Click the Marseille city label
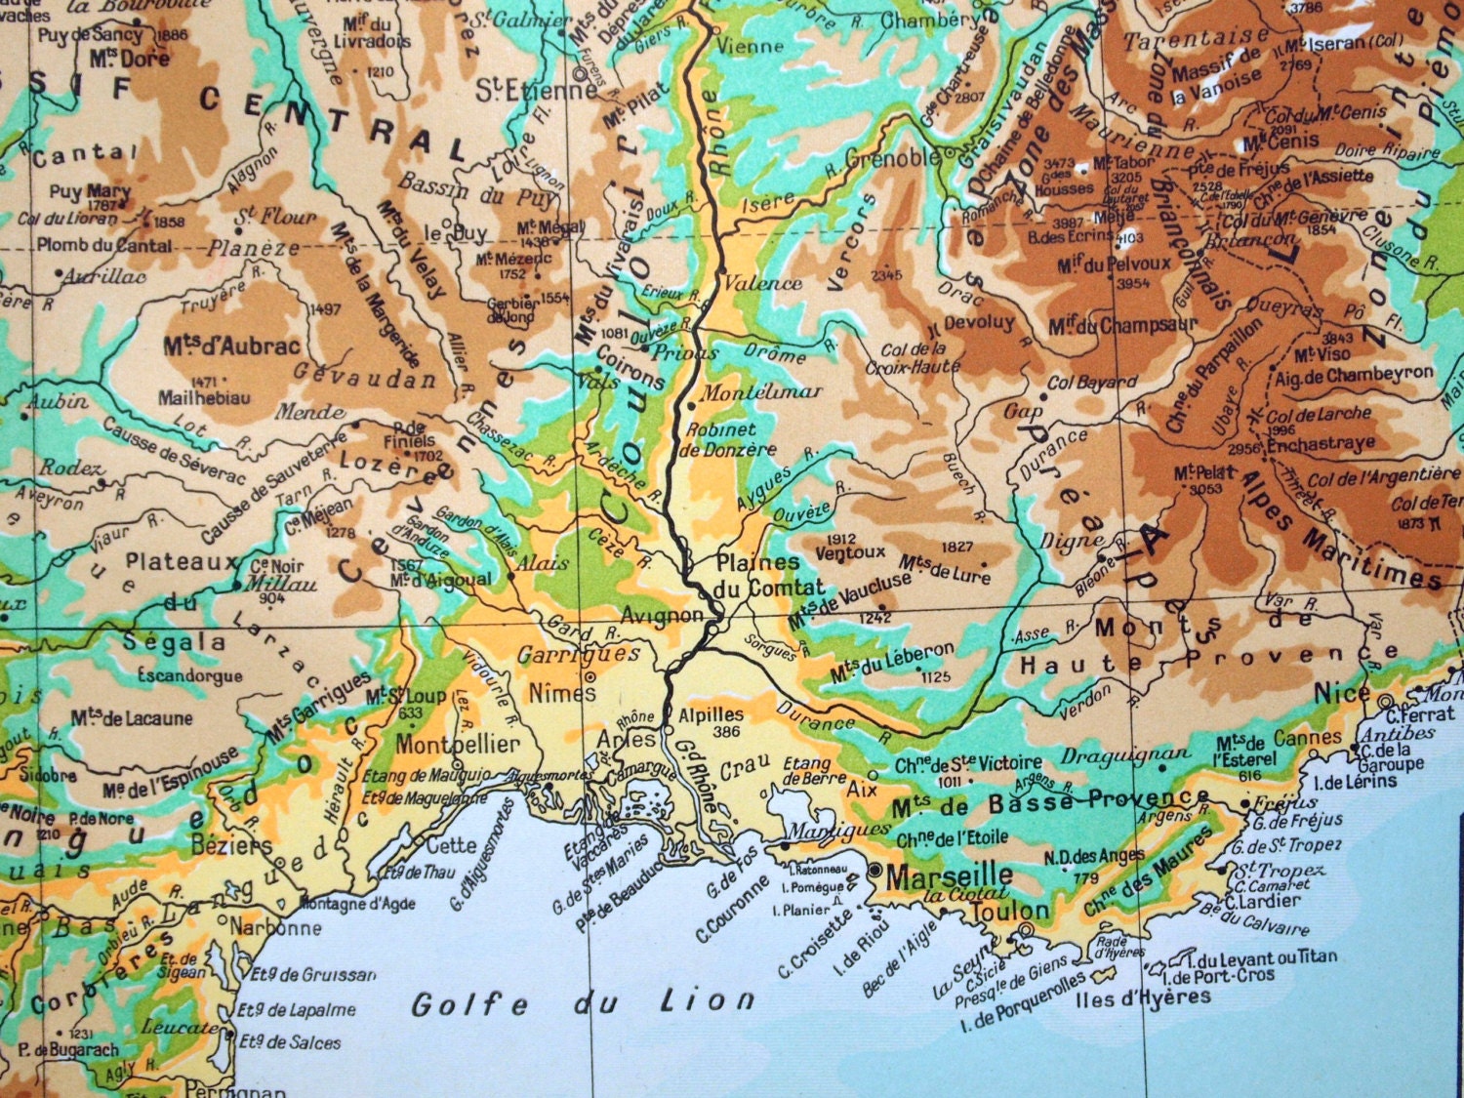pos(950,875)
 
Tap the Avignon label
pos(664,616)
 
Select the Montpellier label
pos(458,744)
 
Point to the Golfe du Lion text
pos(583,1002)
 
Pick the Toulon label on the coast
pos(1008,911)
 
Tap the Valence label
pos(762,283)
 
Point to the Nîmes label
pos(561,693)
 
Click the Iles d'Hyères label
pos(1143,998)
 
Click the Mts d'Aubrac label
pos(232,346)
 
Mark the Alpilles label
pos(712,714)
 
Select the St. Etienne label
pos(536,92)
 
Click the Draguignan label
pos(1125,754)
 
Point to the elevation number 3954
pos(1133,284)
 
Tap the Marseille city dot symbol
pos(874,870)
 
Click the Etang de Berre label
pos(807,771)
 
